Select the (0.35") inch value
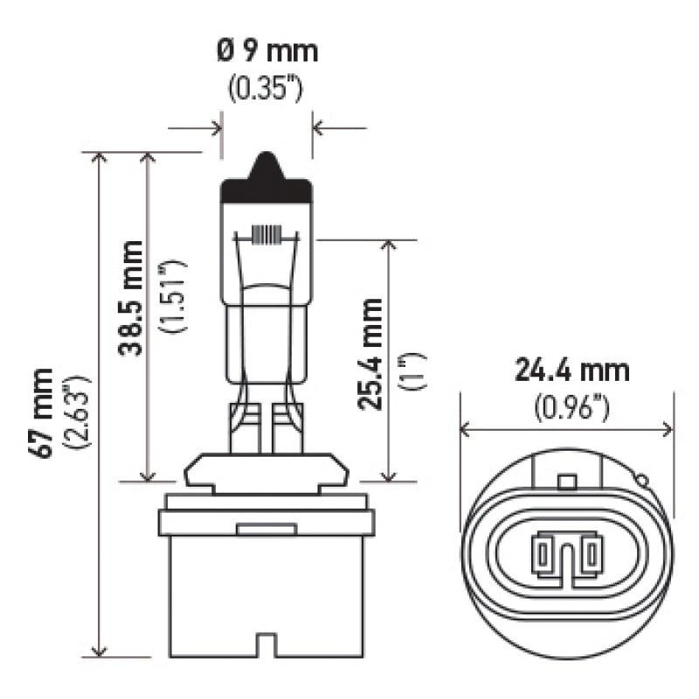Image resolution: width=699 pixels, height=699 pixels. tap(266, 90)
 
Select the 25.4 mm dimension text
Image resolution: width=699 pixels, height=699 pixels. tap(370, 354)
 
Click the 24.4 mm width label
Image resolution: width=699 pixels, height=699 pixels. tap(571, 370)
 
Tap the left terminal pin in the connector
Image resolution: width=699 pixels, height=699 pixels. tap(543, 552)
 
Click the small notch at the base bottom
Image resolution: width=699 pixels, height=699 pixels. tap(267, 648)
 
